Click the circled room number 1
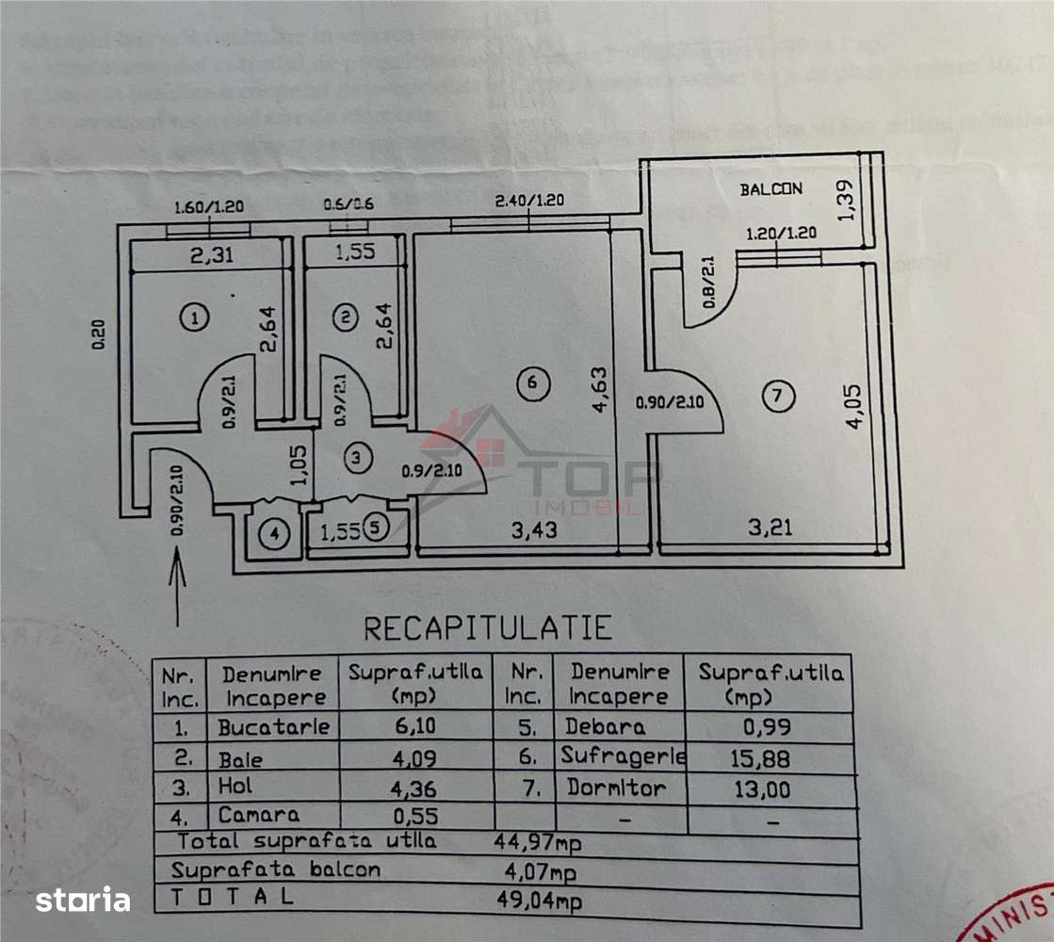pos(194,318)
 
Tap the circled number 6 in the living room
pos(532,382)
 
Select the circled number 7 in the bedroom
pos(776,396)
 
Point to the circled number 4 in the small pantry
pos(274,535)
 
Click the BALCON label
pos(770,188)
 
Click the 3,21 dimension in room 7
pos(770,527)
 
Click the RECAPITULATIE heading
pos(488,627)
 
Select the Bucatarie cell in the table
pos(273,727)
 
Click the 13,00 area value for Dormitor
pos(762,789)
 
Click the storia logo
pos(83,900)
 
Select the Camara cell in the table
pos(259,815)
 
